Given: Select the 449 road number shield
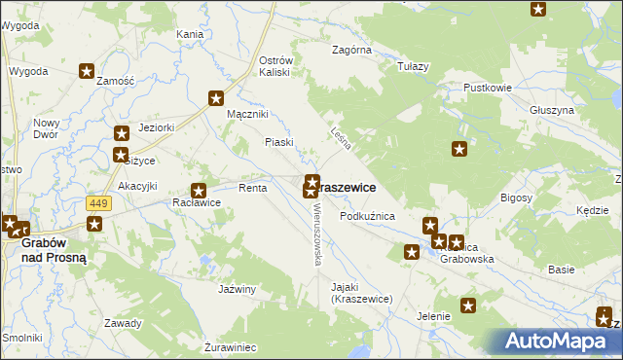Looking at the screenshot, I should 97,202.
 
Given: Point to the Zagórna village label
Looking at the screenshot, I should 351,49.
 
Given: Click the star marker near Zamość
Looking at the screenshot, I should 87,71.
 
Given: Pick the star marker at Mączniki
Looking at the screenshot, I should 216,98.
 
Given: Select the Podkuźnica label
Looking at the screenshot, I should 367,216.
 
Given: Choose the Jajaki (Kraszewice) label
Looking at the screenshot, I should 360,294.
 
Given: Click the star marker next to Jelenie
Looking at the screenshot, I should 468,306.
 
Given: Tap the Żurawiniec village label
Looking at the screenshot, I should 231,346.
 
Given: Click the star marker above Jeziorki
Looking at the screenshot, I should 122,134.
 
